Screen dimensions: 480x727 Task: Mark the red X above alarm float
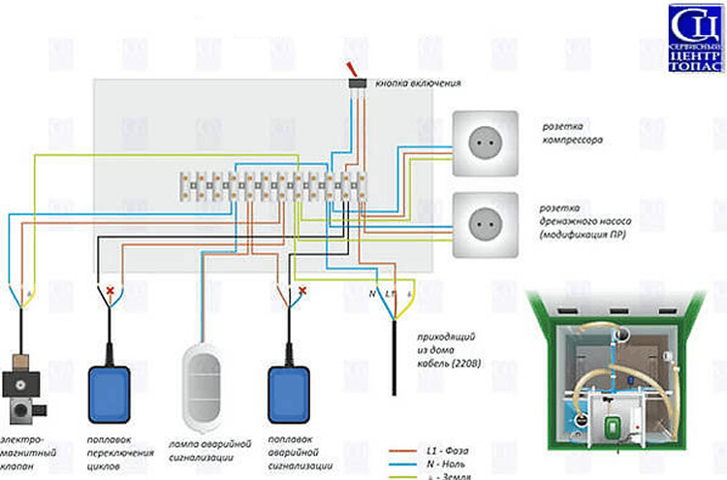tap(302, 290)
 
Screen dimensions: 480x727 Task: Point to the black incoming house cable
tap(394, 359)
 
